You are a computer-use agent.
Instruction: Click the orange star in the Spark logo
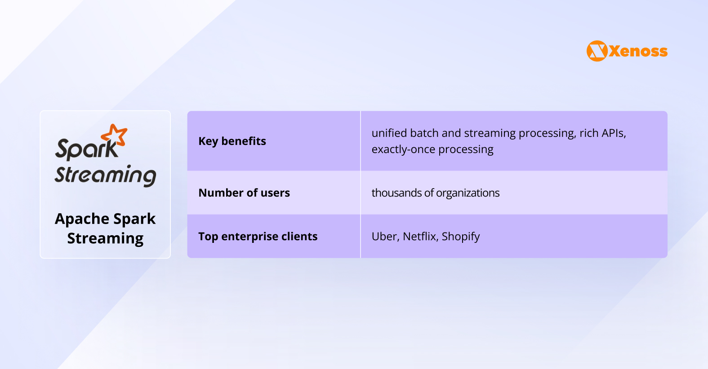pos(115,135)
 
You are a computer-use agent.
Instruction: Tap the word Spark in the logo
pos(86,149)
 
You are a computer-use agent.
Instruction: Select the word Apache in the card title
pos(82,219)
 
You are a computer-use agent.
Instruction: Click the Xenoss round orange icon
pos(597,51)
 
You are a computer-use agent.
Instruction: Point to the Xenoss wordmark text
pos(638,51)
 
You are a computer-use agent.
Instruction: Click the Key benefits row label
pos(232,141)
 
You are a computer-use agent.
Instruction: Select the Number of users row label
pos(244,193)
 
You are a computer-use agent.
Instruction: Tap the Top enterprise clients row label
pos(258,237)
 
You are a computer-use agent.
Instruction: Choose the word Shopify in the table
pos(460,237)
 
